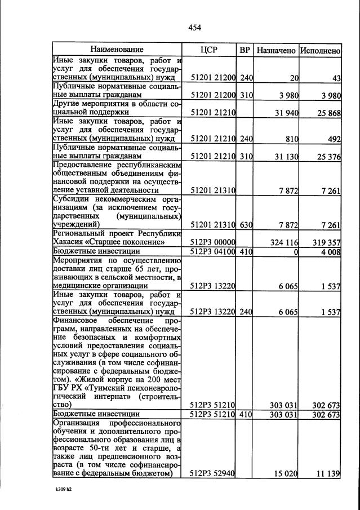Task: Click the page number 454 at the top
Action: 195,28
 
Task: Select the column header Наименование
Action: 117,50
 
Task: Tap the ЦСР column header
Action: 209,50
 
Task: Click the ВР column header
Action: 245,50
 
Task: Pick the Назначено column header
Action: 276,50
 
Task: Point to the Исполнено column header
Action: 320,50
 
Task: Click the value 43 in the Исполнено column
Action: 336,77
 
